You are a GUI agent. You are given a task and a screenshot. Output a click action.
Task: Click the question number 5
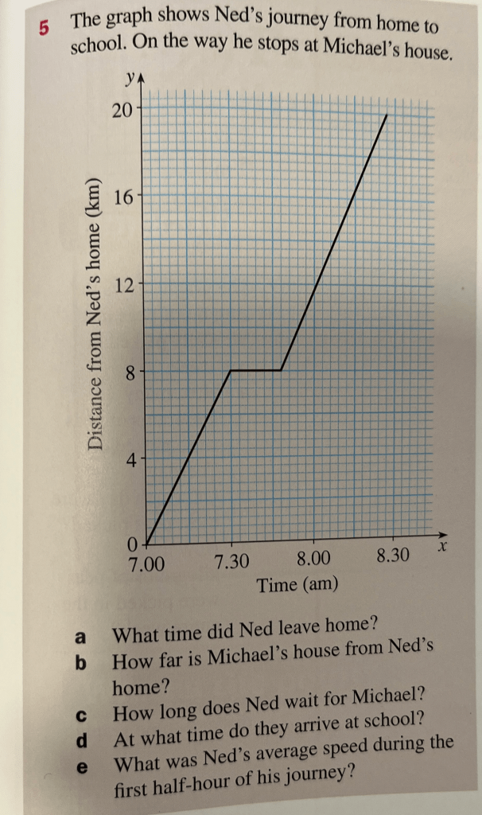[x=44, y=26]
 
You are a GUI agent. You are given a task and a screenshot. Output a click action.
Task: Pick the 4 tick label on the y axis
[x=130, y=459]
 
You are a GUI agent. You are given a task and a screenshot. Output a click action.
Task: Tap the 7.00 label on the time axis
[x=149, y=565]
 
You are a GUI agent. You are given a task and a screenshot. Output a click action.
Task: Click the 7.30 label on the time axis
[x=231, y=563]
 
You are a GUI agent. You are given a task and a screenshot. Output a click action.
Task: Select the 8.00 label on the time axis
[x=313, y=560]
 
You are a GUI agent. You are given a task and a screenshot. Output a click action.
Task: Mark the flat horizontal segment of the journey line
[x=255, y=370]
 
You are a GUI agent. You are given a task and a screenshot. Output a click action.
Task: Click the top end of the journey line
[x=386, y=115]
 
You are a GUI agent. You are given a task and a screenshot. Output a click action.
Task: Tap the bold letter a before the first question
[x=79, y=637]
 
